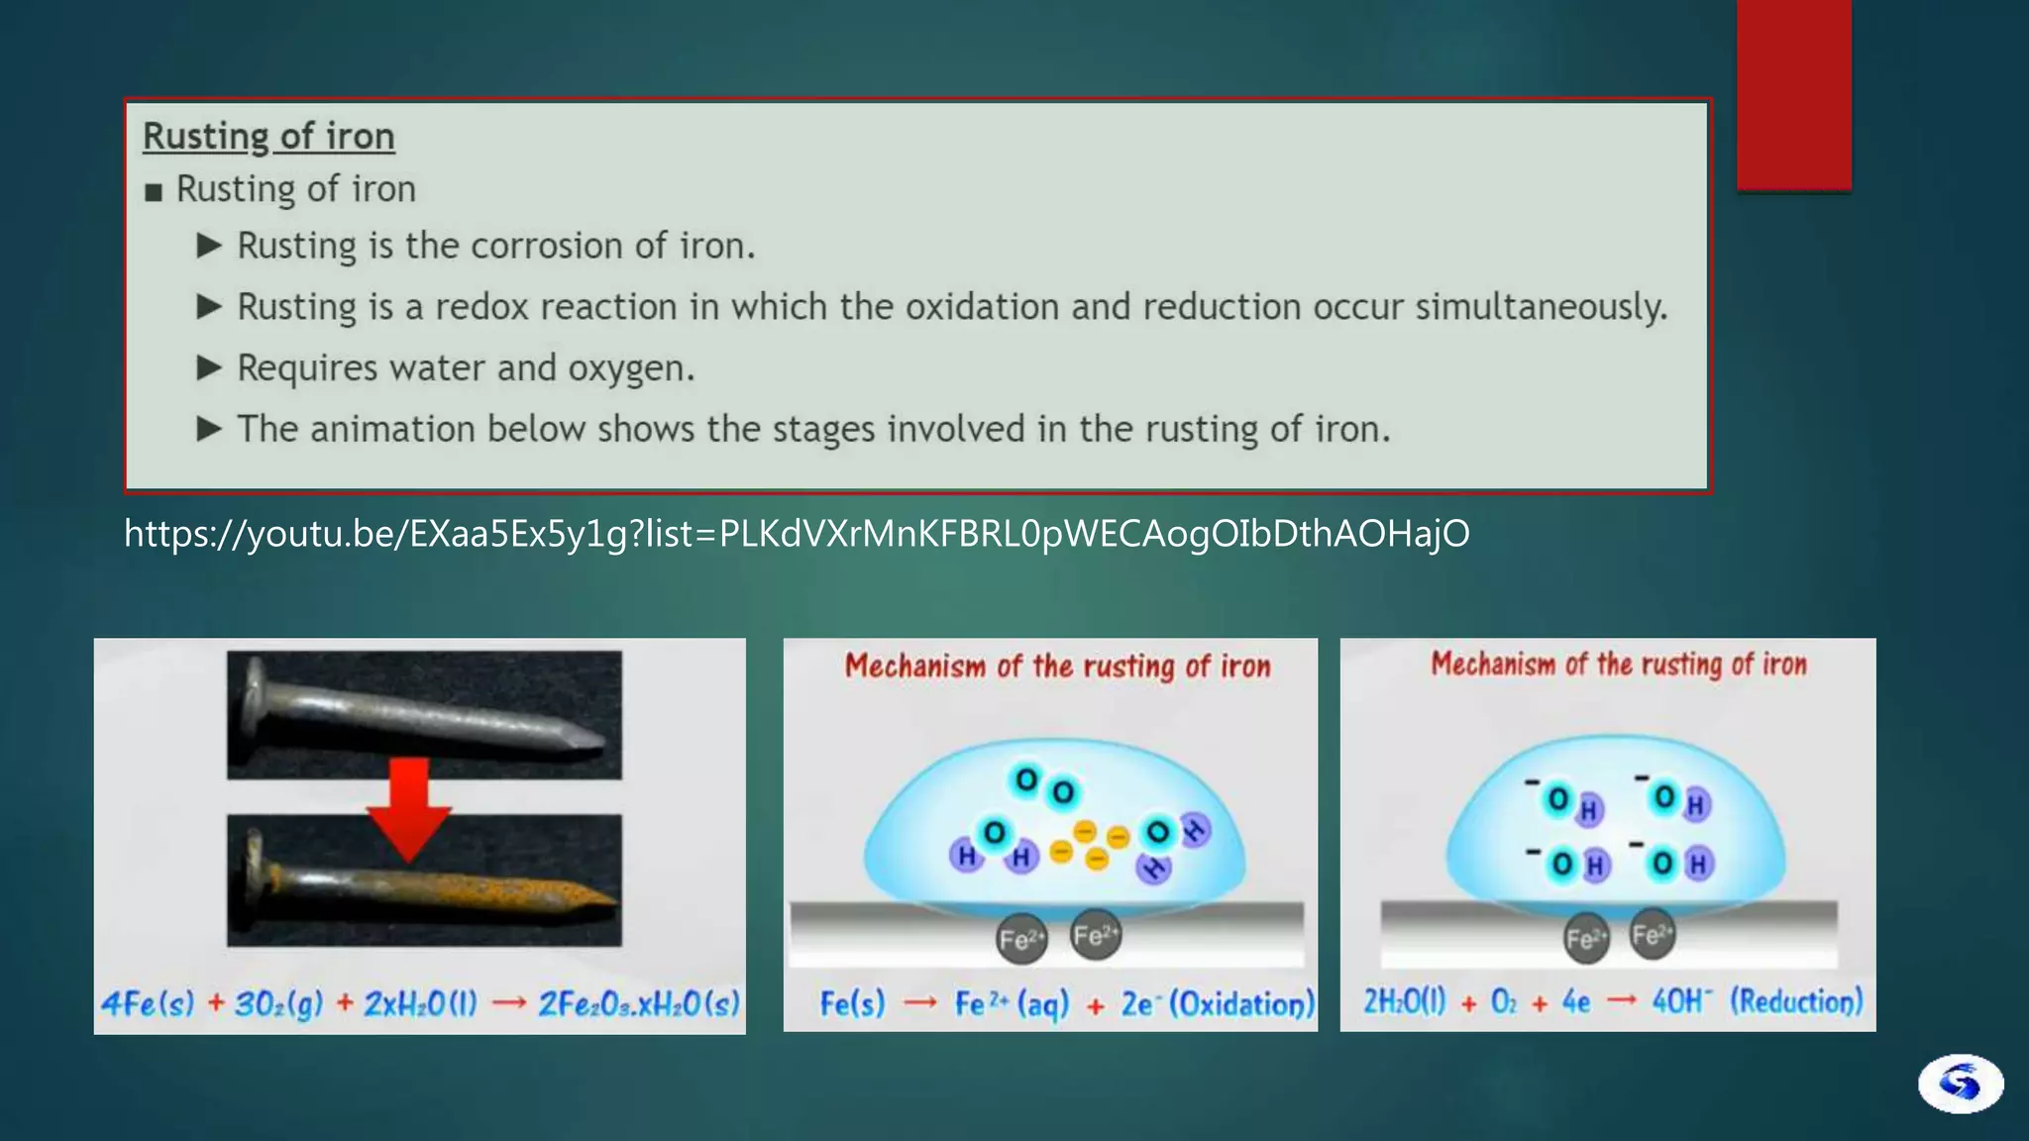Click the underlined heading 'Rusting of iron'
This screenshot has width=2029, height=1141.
(268, 137)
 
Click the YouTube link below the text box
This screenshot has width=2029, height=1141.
(796, 534)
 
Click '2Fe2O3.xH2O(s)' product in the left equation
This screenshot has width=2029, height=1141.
(638, 1004)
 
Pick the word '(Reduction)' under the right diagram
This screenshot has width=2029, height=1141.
(1795, 1001)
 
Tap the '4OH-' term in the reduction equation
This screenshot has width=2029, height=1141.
(1681, 1001)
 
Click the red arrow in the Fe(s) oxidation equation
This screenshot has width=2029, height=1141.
(920, 1004)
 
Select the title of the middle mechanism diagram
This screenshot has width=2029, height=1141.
(1057, 667)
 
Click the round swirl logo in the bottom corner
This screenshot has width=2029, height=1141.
(1960, 1083)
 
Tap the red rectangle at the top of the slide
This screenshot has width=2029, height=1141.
(1793, 94)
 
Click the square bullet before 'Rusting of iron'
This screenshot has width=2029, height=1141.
(153, 192)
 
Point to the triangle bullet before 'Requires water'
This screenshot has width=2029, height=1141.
(208, 368)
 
